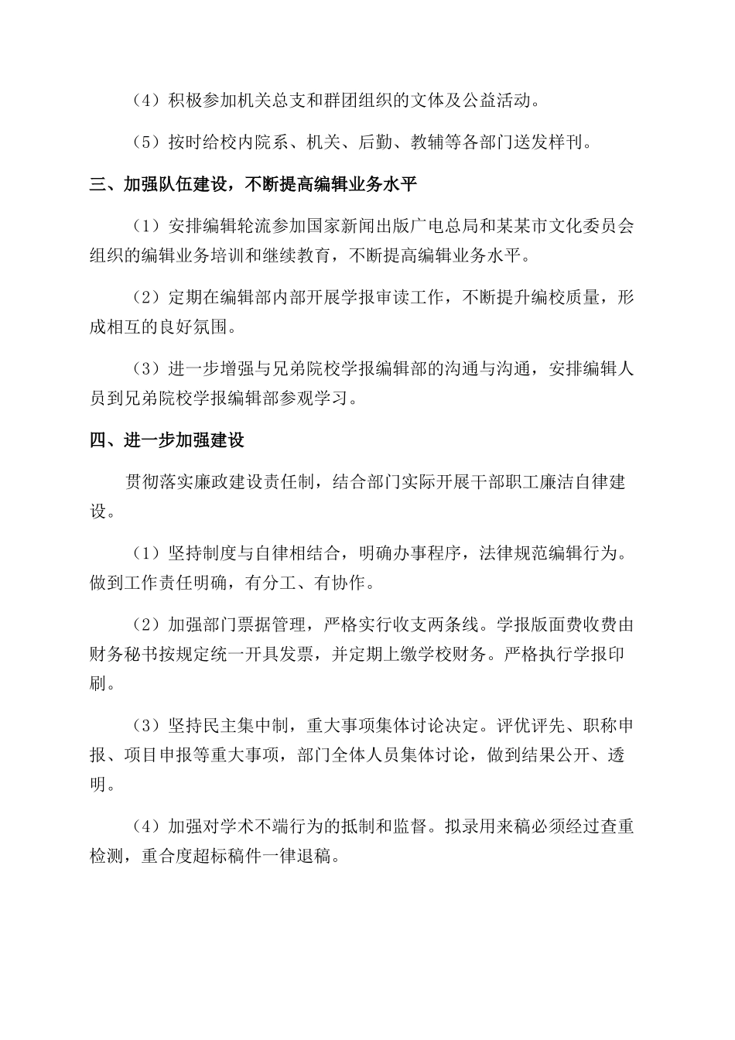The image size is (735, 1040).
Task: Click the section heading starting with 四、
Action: [167, 440]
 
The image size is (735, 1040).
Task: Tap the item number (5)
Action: [146, 142]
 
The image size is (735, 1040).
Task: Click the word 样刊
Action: [569, 142]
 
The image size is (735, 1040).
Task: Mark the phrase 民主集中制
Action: [238, 726]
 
